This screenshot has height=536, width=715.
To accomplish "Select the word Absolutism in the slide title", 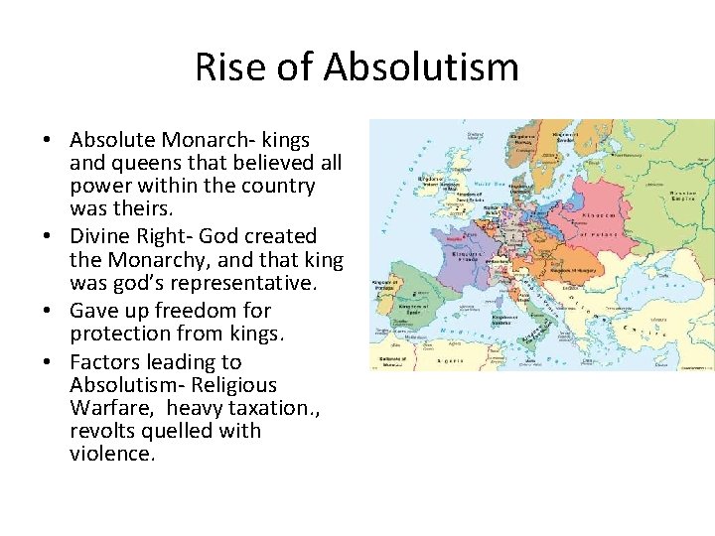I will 421,67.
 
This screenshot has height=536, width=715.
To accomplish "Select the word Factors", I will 104,362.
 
